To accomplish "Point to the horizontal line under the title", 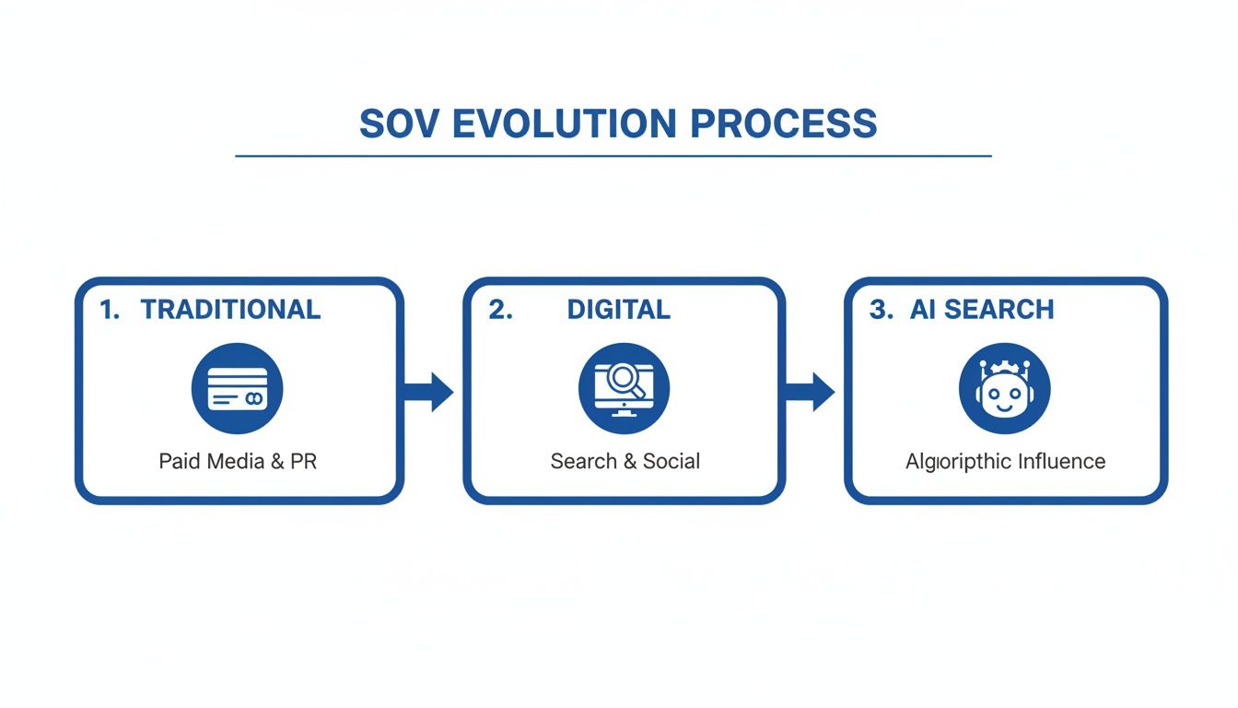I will click(613, 156).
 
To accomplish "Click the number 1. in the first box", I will click(110, 310).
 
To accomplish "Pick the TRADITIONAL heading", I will click(230, 310).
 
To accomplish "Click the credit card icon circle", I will click(238, 388).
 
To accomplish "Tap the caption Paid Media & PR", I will click(238, 461).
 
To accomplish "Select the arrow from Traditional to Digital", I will click(430, 392).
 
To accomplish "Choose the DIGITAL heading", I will click(619, 310).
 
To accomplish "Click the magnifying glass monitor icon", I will click(625, 388).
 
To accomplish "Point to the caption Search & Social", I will click(625, 461).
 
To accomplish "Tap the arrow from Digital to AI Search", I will click(812, 392).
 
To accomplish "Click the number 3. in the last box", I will click(881, 310).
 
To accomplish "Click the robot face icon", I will click(1005, 388).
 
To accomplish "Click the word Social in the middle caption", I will click(672, 461).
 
